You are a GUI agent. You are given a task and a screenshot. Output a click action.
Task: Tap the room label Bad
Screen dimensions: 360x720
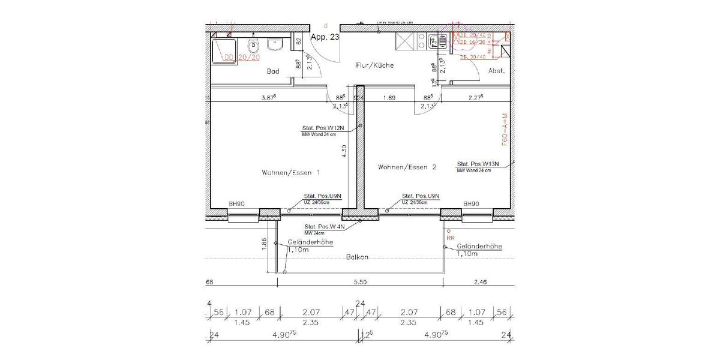[x=273, y=71]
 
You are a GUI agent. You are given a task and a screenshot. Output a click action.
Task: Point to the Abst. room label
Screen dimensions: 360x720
[x=496, y=70]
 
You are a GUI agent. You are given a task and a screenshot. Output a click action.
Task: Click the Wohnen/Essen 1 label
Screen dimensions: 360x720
[x=290, y=173]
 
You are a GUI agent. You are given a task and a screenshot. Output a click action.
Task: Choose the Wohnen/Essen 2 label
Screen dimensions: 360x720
[x=407, y=167]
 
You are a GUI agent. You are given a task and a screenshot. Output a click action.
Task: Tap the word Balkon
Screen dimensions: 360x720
[x=356, y=257]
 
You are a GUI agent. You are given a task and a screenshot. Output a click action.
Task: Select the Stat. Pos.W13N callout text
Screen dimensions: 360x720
[x=478, y=164]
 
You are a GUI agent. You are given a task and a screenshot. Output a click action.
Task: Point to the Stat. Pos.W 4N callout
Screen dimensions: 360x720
[x=324, y=227]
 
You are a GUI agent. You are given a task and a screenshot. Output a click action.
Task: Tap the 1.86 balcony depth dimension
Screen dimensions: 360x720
[x=265, y=244]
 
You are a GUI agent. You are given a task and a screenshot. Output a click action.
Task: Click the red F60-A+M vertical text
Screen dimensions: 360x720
[x=505, y=131]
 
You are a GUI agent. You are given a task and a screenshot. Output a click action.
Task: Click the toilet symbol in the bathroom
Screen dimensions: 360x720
[x=254, y=46]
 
